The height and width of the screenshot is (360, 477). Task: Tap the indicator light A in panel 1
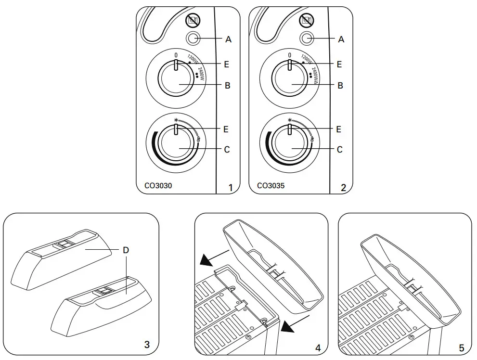click(x=193, y=39)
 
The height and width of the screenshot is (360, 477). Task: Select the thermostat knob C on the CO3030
click(x=176, y=145)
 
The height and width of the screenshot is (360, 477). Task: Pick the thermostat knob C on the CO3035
click(x=289, y=145)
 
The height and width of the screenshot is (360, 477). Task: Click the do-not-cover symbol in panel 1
click(x=193, y=20)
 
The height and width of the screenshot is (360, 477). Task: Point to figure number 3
click(x=147, y=344)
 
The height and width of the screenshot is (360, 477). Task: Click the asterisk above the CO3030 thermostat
click(x=176, y=120)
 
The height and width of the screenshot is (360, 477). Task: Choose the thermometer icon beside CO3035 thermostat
click(x=312, y=139)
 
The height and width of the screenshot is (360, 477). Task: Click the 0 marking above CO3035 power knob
click(x=289, y=55)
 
